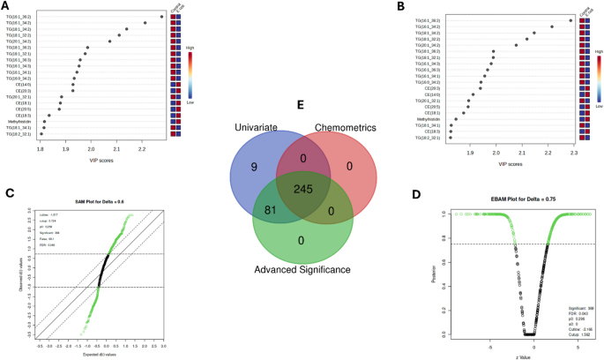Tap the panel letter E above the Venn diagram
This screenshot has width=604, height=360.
pos(302,103)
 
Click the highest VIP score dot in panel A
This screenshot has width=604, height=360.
pos(162,17)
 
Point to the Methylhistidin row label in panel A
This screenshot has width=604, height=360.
pos(20,121)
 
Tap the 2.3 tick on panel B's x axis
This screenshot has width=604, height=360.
pos(573,153)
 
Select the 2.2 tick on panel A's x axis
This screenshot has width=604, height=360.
pos(141,150)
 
